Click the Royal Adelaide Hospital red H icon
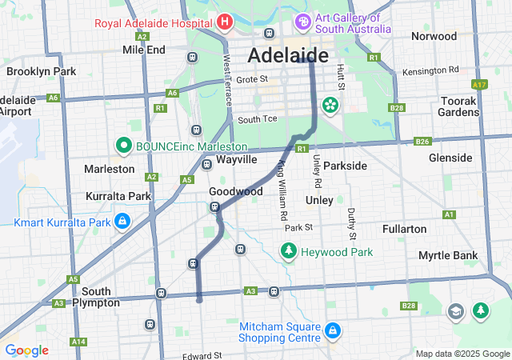click(225, 22)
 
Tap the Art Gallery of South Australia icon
click(303, 21)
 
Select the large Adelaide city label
click(288, 55)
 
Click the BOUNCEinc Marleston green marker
click(123, 146)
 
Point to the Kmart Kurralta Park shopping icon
click(122, 220)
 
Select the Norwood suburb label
click(434, 36)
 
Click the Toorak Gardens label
click(458, 106)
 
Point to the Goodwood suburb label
click(235, 192)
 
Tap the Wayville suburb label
click(236, 159)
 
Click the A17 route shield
click(479, 84)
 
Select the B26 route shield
click(423, 142)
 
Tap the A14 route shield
click(78, 342)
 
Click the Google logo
click(26, 350)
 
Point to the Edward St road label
click(201, 355)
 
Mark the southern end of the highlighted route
click(198, 301)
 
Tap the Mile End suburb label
click(143, 50)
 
